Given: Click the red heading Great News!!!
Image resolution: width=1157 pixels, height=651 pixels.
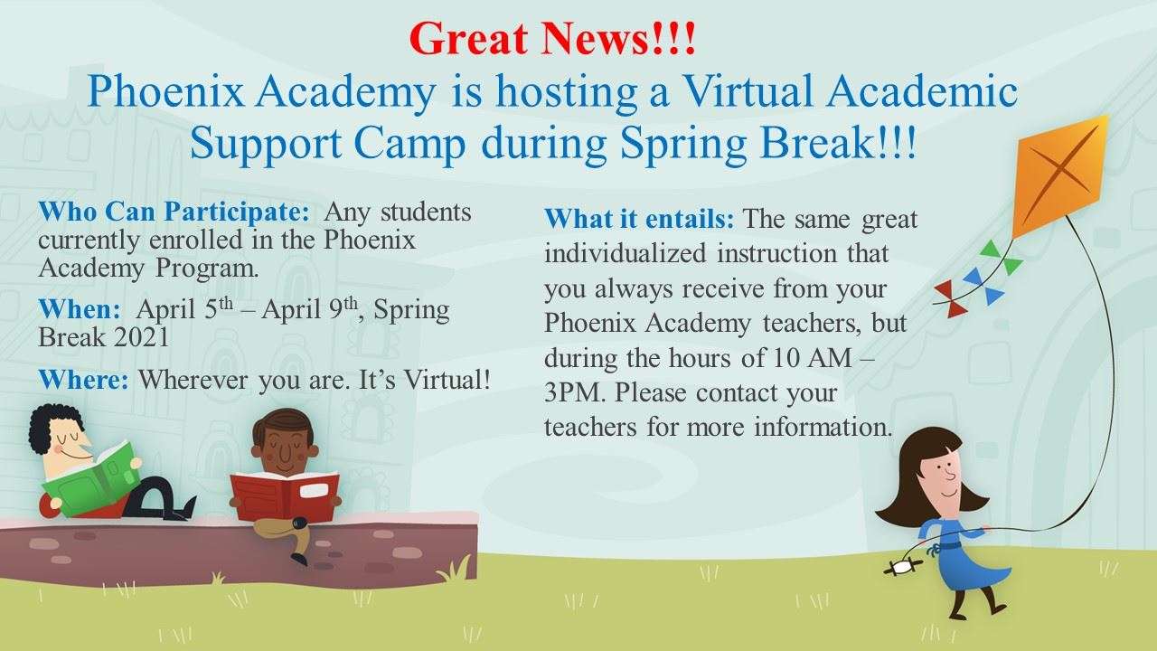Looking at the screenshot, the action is (x=552, y=38).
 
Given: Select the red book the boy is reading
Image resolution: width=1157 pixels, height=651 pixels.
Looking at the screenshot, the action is (x=284, y=497).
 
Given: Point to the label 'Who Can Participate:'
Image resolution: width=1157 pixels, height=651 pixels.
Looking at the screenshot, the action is (x=174, y=212).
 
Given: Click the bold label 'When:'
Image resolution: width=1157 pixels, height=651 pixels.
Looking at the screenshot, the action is (x=80, y=309).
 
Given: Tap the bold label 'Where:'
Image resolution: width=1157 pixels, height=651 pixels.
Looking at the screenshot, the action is (x=83, y=380).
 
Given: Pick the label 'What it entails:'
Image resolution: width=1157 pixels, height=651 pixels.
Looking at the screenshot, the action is (x=639, y=219).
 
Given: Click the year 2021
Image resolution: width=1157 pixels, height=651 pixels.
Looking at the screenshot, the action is (x=140, y=337).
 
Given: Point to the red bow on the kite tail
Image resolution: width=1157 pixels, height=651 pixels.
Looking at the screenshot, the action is (x=949, y=298).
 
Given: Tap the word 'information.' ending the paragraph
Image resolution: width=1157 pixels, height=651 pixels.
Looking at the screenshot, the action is (x=823, y=427).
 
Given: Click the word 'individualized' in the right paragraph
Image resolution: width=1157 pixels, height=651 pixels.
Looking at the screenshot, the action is (x=625, y=253).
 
